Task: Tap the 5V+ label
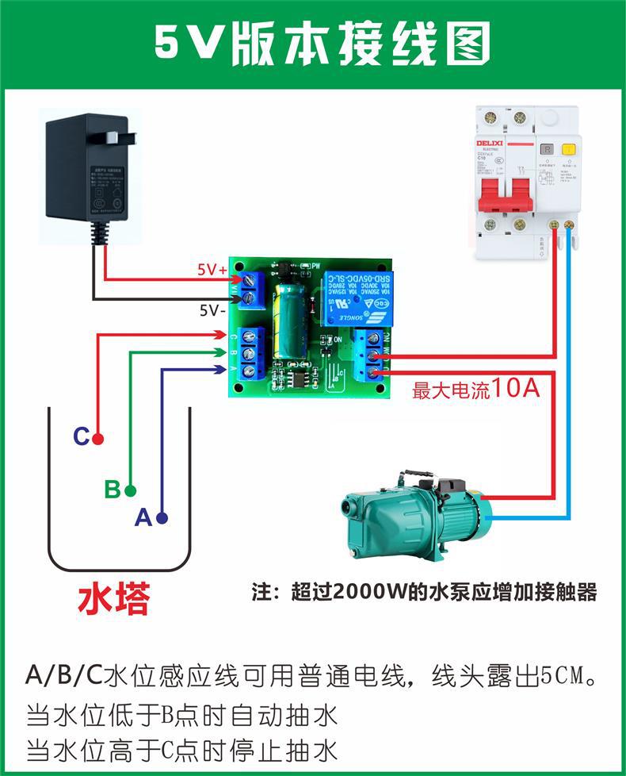pos(212,270)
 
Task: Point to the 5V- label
pos(212,310)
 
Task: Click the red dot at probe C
pos(97,438)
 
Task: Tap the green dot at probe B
pos(130,490)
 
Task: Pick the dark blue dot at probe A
pos(162,518)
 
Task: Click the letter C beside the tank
pos(80,436)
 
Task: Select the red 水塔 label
pos(113,601)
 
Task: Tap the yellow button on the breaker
pos(568,148)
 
